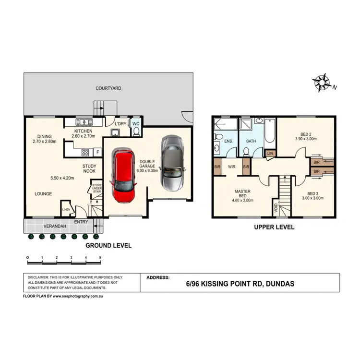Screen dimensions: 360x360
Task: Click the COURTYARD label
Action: click(x=108, y=88)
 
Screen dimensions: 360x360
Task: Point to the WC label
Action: click(x=135, y=124)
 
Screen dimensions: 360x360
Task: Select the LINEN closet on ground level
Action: click(x=66, y=209)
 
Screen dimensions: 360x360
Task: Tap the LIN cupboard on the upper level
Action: click(x=270, y=153)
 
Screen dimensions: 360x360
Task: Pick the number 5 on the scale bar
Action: click(x=100, y=258)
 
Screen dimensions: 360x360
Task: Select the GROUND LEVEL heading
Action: click(x=108, y=245)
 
